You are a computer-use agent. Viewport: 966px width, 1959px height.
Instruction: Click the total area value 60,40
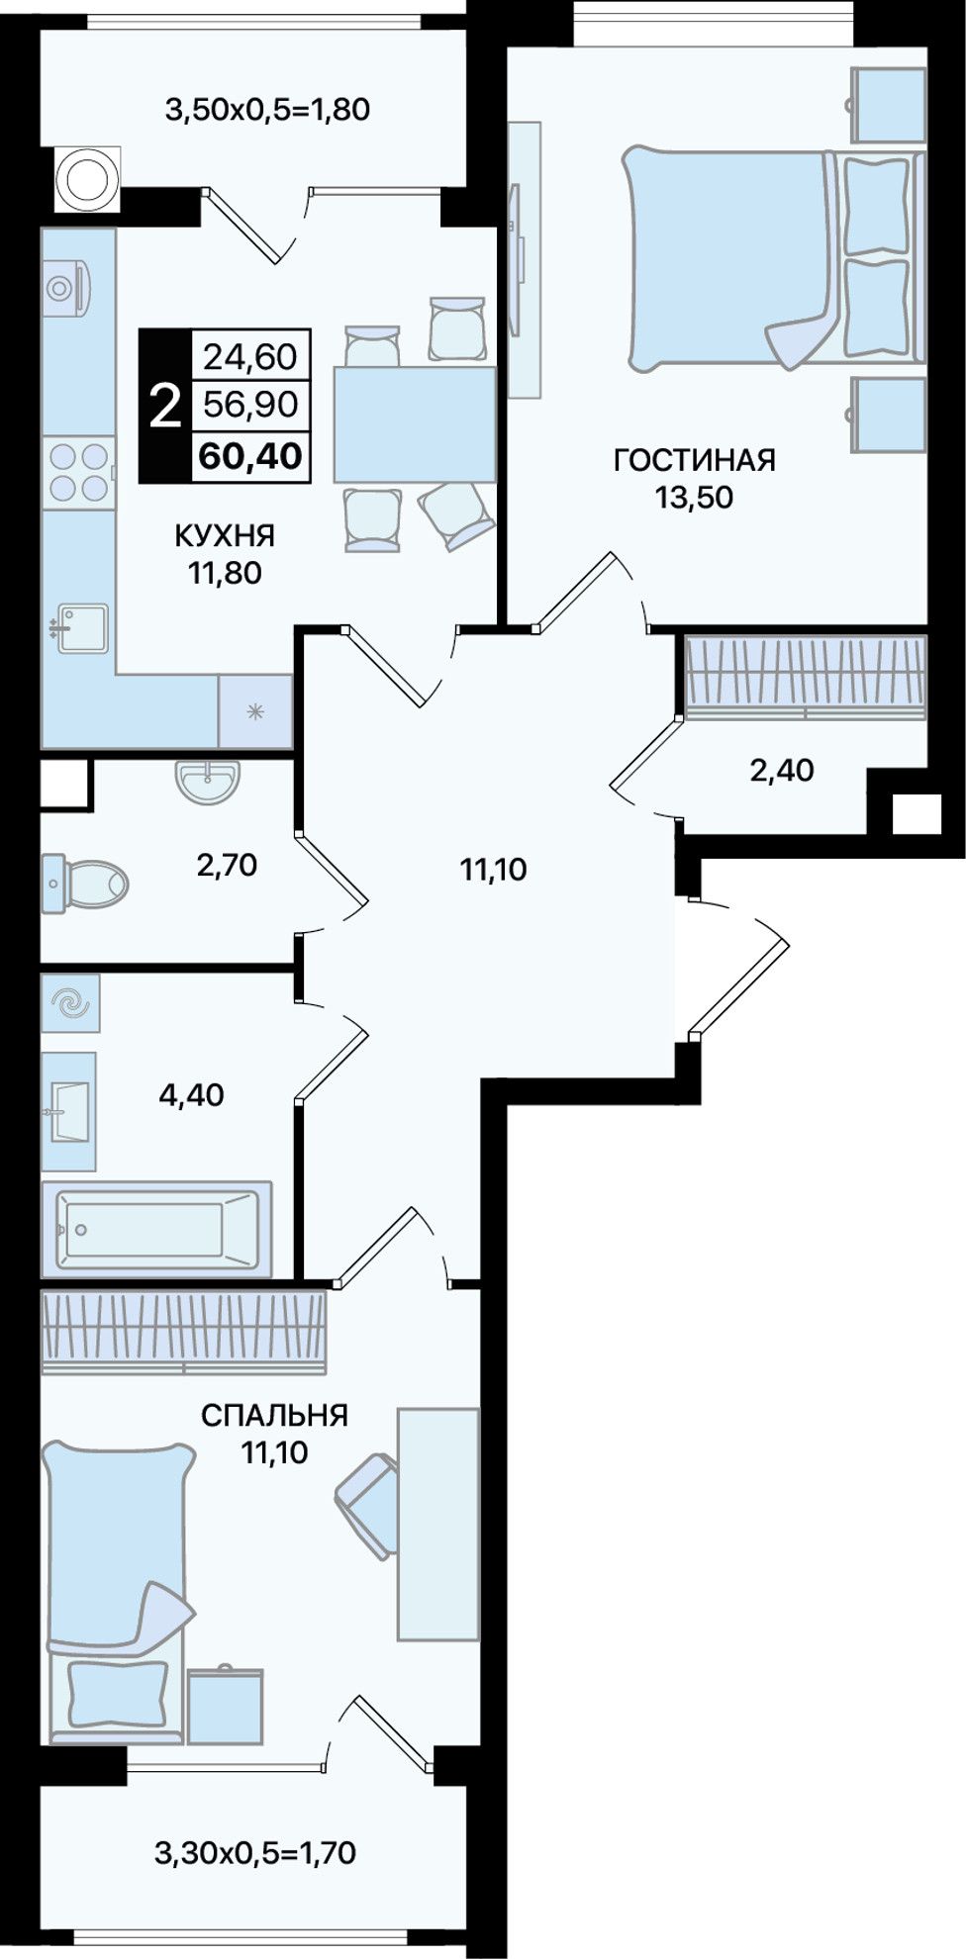[250, 455]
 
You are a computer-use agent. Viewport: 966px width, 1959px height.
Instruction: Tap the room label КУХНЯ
[225, 536]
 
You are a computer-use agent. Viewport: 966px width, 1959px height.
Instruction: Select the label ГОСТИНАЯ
[695, 460]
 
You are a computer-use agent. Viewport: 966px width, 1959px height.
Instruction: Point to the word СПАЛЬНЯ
[274, 1416]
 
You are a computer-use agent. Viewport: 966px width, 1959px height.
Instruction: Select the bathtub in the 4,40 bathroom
[156, 1229]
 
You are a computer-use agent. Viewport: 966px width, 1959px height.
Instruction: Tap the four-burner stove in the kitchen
[78, 472]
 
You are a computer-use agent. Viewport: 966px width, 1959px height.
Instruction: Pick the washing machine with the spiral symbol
[70, 1005]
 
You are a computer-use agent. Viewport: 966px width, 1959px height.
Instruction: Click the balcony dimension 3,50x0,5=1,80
[267, 109]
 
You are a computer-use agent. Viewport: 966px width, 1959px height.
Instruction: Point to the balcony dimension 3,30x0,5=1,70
[255, 1851]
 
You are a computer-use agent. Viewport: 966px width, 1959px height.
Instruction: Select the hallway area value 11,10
[493, 870]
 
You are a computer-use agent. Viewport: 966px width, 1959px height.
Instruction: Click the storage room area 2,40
[782, 770]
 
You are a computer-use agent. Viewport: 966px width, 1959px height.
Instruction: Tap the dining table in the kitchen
[414, 423]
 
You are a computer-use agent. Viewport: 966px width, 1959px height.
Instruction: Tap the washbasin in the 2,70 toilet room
[209, 782]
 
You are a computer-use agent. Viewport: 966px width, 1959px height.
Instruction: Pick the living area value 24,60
[250, 356]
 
